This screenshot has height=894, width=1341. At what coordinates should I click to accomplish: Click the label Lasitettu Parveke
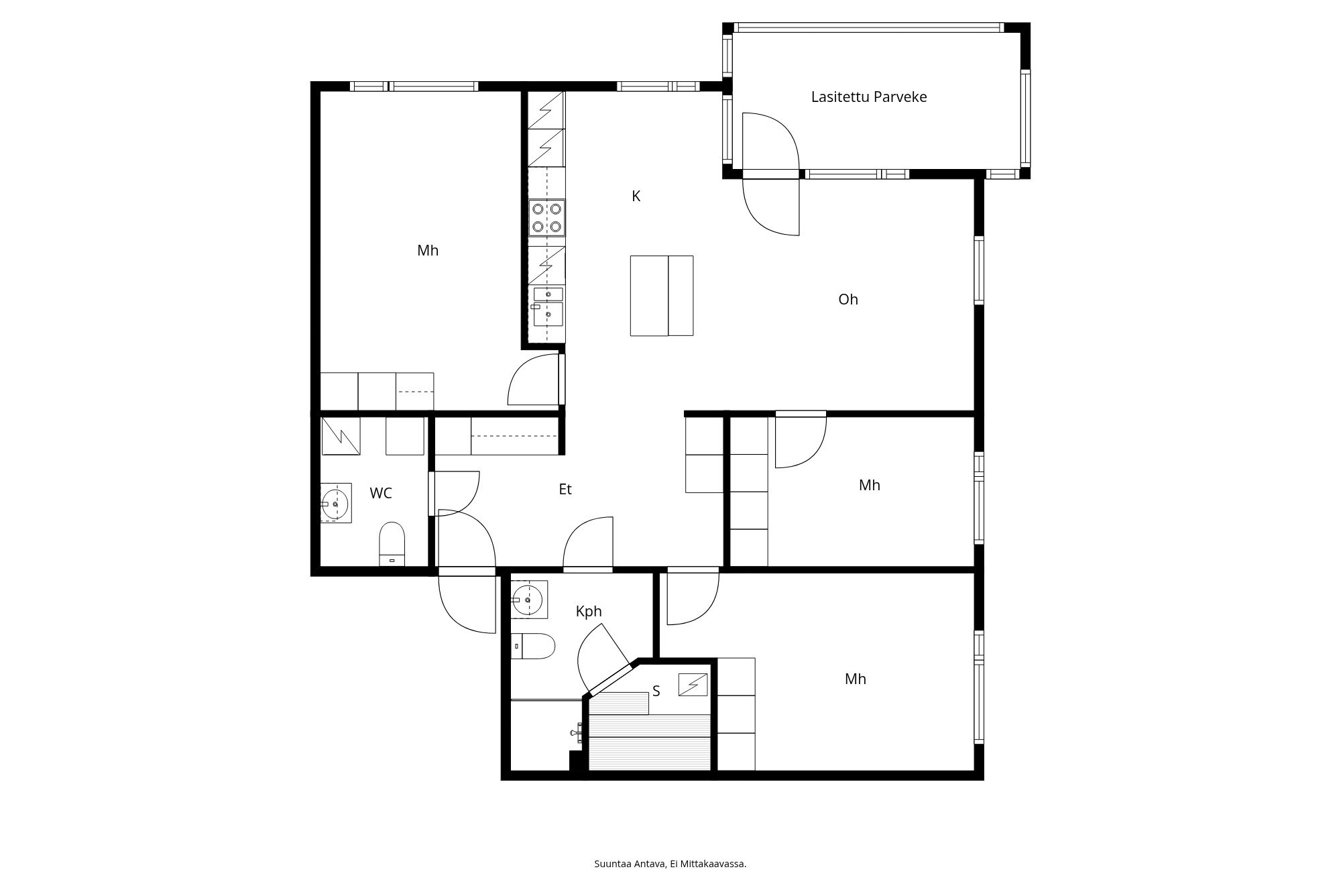coord(868,97)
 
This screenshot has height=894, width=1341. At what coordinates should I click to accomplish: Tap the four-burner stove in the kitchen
coord(546,217)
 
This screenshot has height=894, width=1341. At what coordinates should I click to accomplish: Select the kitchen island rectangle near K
coord(661,295)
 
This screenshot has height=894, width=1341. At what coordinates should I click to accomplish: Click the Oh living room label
coord(848,299)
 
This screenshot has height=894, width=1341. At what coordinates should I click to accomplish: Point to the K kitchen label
coord(636,196)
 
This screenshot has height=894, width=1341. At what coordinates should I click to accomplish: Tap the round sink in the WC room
coord(335,502)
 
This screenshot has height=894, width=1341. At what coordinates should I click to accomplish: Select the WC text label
coord(380,493)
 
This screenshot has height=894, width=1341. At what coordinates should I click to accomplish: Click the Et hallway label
coord(565,490)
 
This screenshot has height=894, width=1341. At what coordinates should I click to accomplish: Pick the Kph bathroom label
coord(588,611)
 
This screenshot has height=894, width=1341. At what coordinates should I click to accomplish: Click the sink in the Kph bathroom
coord(529,599)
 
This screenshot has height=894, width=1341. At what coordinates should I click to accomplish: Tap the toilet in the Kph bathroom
coord(534,646)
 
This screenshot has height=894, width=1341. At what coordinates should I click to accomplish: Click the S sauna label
coord(656,691)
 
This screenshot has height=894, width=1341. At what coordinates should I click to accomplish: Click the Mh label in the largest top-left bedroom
coord(427,250)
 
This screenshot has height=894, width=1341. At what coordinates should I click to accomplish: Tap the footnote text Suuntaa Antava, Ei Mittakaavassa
coord(670,864)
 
